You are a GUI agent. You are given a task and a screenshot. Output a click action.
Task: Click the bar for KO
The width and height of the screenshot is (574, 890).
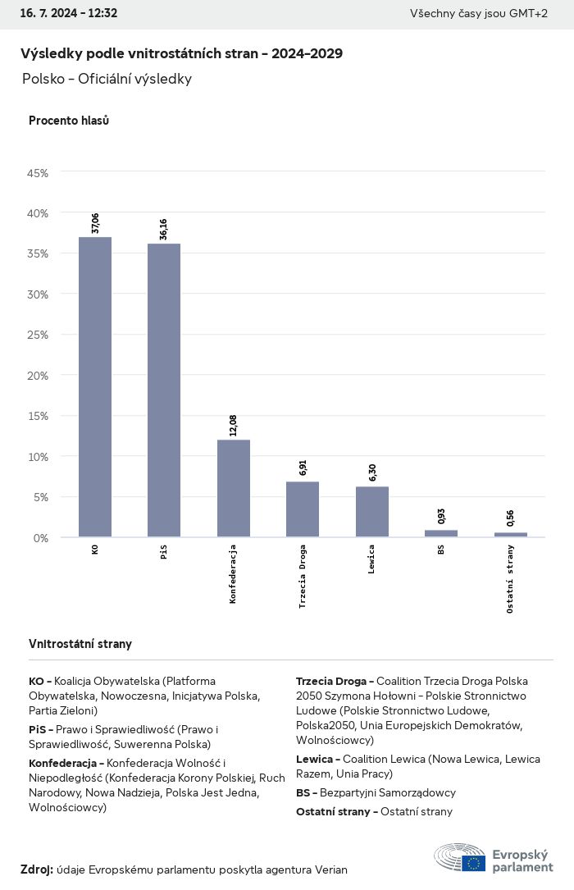(x=95, y=387)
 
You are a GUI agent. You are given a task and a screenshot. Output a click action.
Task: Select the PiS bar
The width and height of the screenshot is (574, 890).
(x=164, y=390)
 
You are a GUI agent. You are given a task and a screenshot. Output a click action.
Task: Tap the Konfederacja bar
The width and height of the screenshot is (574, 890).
(x=234, y=488)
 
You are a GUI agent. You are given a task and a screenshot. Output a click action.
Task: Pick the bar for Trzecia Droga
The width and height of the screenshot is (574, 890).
(x=303, y=509)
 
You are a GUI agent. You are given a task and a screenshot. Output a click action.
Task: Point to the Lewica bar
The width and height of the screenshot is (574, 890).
(x=372, y=512)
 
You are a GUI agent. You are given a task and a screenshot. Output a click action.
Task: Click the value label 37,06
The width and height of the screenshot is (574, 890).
(x=95, y=223)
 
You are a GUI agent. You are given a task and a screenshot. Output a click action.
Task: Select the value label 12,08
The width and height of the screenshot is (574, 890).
(x=234, y=426)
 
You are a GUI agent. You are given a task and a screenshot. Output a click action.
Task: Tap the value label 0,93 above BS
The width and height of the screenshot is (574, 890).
(x=441, y=517)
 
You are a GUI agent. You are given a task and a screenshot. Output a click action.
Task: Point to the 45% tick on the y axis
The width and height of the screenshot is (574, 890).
(x=38, y=173)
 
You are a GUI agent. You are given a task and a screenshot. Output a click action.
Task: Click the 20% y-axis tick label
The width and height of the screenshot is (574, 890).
(x=38, y=376)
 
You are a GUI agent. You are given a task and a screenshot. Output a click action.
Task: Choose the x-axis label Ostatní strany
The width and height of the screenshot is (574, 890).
(x=511, y=578)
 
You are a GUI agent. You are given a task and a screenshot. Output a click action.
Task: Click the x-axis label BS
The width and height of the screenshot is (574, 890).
(x=441, y=550)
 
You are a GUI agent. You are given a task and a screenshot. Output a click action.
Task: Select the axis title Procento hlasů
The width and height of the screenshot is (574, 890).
(x=69, y=121)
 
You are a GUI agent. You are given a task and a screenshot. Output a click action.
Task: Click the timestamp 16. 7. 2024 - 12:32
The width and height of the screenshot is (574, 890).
(x=69, y=14)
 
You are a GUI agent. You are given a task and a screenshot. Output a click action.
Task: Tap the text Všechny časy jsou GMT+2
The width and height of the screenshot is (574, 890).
(x=479, y=14)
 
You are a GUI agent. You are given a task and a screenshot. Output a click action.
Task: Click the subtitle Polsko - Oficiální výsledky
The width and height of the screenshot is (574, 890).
(x=107, y=79)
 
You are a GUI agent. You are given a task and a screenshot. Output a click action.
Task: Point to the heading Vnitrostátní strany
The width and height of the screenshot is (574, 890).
(x=80, y=644)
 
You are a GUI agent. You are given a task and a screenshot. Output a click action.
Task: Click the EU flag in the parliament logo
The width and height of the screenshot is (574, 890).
(x=473, y=863)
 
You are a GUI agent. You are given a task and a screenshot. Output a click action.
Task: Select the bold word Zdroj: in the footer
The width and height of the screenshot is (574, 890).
(x=37, y=869)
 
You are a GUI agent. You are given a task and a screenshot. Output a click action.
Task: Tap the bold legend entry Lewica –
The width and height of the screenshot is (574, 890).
(x=317, y=760)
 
